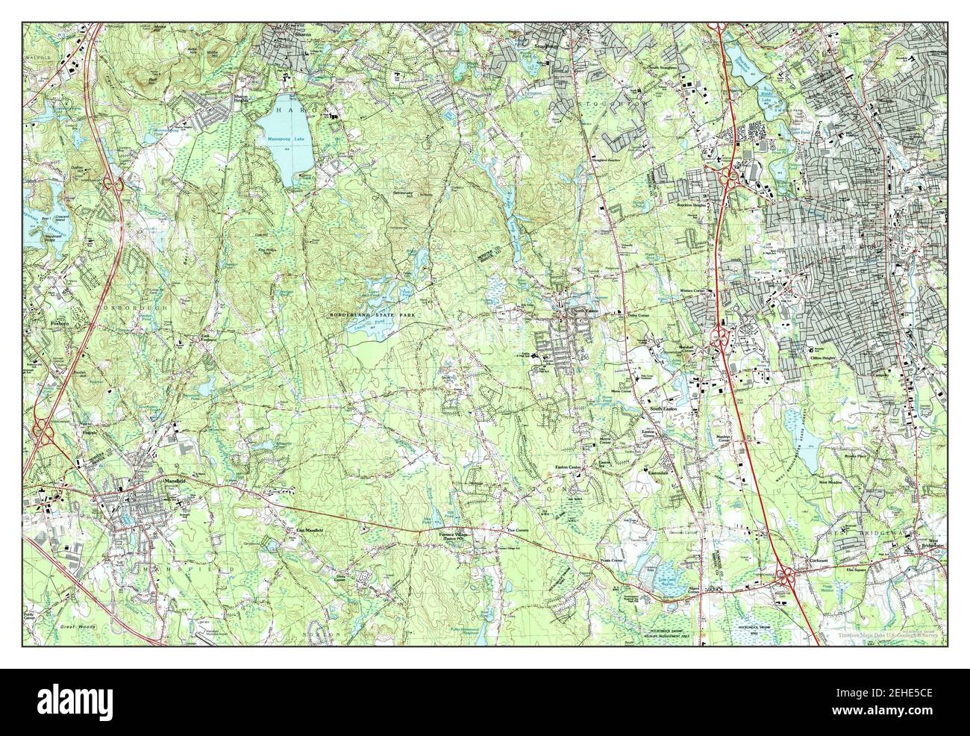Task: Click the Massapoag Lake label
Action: (x=276, y=140)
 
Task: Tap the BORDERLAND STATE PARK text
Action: (x=373, y=316)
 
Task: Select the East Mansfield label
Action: (x=309, y=529)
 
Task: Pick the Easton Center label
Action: (x=567, y=468)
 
